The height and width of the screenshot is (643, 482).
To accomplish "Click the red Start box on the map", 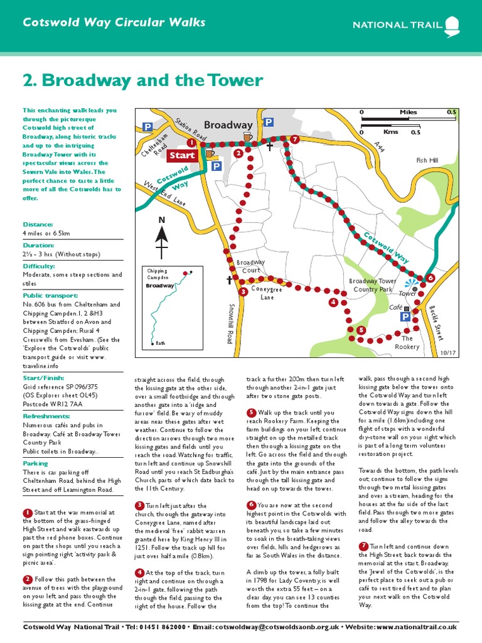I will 182,155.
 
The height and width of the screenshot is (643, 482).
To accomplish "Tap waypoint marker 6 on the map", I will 430,278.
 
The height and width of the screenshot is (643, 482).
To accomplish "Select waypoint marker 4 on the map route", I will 333,303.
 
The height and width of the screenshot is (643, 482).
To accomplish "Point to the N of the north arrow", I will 161,220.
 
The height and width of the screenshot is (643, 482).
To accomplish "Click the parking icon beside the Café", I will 405,318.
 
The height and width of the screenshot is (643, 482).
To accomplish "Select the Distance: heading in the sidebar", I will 38,224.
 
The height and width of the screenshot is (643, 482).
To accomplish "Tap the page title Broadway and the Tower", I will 142,81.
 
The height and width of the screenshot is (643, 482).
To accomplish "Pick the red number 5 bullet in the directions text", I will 251,412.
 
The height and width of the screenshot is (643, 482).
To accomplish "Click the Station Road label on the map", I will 190,129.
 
